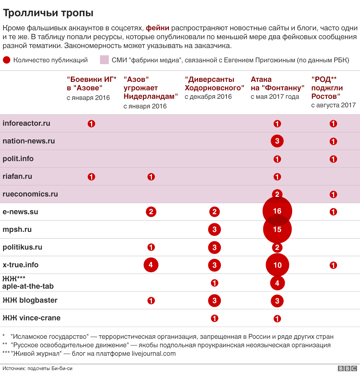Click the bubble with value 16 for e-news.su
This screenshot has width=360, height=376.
(277, 211)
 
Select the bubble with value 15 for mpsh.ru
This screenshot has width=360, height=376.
(277, 229)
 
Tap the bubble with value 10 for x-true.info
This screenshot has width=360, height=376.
(277, 265)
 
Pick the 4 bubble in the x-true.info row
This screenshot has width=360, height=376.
(151, 265)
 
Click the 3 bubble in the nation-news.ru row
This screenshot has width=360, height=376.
(277, 141)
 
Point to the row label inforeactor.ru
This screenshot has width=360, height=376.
(26, 123)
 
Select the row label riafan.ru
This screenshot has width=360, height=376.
(17, 176)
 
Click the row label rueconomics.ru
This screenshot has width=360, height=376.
(30, 194)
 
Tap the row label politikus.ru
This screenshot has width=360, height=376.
(22, 247)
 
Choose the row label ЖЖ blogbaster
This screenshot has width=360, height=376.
(30, 300)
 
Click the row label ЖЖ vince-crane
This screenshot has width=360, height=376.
(31, 318)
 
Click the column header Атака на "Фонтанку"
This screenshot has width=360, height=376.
(277, 84)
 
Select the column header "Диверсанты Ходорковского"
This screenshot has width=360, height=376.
(214, 84)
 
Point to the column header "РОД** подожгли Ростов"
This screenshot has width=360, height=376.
(327, 88)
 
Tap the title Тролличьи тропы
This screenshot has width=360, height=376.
(48, 13)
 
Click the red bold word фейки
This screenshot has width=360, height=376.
(157, 28)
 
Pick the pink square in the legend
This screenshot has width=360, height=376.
(104, 60)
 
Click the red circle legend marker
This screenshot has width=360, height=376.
(7, 60)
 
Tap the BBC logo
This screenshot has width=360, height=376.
(347, 369)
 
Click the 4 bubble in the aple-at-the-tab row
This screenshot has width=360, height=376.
(277, 283)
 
